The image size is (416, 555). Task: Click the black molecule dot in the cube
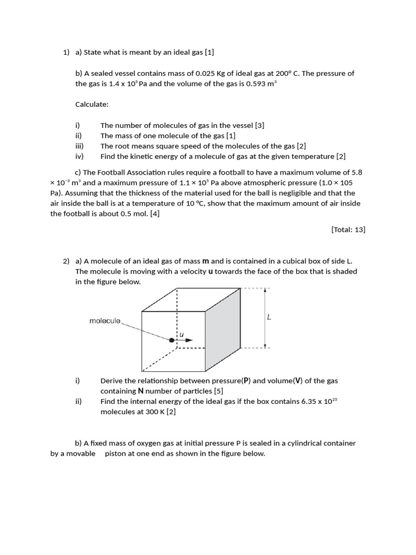pos(172,340)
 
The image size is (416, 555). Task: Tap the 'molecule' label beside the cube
pos(105,321)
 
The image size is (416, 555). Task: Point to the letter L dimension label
pos(269,318)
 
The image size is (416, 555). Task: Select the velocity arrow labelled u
pos(185,340)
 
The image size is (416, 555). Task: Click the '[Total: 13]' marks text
pos(348,229)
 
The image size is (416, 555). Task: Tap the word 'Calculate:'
pos(92,105)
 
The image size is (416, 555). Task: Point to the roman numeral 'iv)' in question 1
pos(80,157)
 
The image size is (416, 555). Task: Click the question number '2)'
pos(67,261)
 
